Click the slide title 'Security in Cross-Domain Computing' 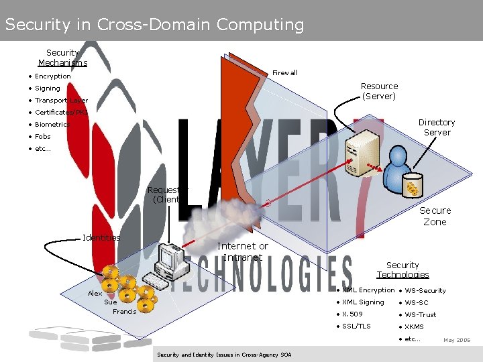[x=154, y=25]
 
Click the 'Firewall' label [x=285, y=72]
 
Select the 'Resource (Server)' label [x=379, y=91]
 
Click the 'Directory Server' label [x=437, y=127]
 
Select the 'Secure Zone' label [x=435, y=216]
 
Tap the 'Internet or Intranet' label [x=242, y=251]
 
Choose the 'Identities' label [x=101, y=237]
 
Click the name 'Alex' [x=95, y=294]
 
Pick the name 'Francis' [x=124, y=312]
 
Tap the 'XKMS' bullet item [x=414, y=327]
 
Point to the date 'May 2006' [x=457, y=341]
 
